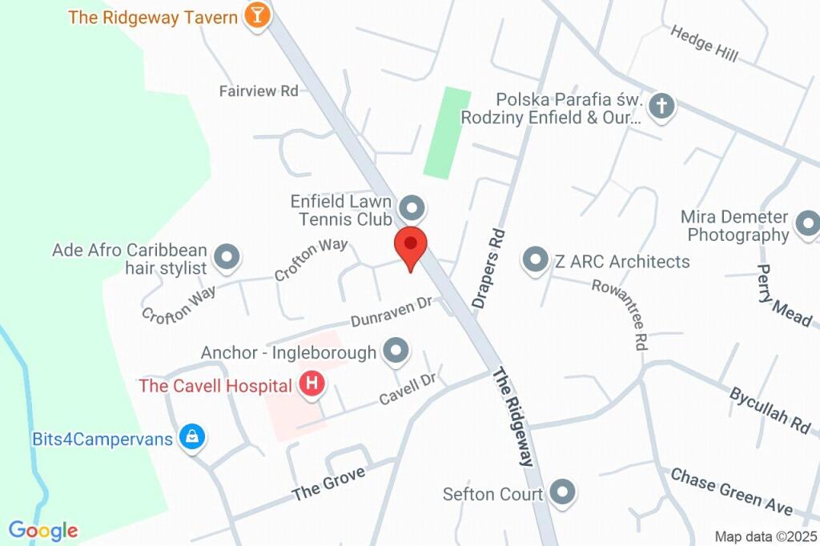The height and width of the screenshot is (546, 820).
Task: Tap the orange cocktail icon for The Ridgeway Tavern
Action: (x=256, y=15)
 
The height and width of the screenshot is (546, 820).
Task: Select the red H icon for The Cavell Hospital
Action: (x=312, y=385)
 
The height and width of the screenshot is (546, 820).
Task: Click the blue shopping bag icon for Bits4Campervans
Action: (x=192, y=437)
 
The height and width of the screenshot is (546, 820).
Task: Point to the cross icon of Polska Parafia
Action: (x=661, y=106)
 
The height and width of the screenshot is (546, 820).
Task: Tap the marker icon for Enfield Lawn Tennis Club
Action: (x=412, y=208)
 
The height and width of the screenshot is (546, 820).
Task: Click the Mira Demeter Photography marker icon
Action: (x=806, y=224)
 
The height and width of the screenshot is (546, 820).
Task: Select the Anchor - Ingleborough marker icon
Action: (x=396, y=351)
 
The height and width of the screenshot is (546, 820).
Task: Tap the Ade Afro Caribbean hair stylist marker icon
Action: (x=228, y=257)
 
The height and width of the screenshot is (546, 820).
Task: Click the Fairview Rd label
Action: (x=259, y=91)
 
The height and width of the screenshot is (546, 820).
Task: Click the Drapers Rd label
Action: (x=490, y=269)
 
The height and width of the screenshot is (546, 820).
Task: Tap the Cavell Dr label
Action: (x=407, y=387)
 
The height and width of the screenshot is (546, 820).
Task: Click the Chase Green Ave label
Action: (x=732, y=492)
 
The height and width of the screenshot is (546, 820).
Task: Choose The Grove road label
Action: (x=329, y=484)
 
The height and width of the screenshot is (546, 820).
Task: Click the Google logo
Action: (x=43, y=530)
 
